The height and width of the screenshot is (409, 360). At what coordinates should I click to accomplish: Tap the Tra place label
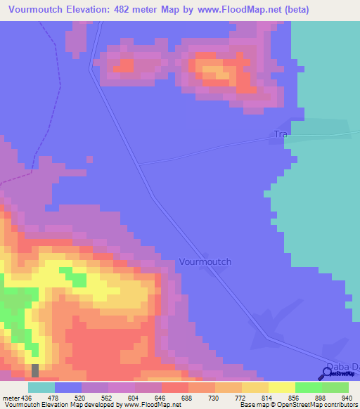click(281, 134)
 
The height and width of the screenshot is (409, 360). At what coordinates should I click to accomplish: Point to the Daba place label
click(337, 366)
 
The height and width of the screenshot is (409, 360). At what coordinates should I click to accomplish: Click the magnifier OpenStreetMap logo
click(326, 375)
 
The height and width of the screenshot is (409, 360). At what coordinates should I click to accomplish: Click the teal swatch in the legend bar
click(41, 387)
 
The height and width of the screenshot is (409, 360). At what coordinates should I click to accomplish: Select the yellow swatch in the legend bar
click(281, 387)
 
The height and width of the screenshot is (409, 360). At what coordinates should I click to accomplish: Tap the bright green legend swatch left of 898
click(308, 387)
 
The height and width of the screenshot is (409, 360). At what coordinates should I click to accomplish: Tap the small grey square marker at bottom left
click(35, 370)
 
